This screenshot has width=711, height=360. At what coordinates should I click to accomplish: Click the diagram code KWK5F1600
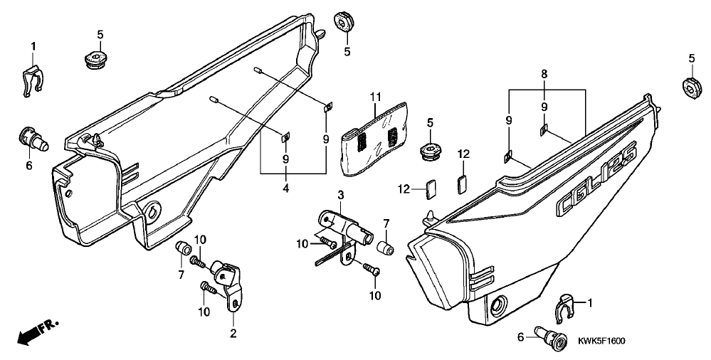click(x=601, y=341)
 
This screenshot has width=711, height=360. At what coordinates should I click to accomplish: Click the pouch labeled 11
click(x=374, y=139)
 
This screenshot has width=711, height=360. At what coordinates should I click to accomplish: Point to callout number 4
click(x=286, y=187)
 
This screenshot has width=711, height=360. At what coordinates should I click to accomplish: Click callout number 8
click(x=544, y=73)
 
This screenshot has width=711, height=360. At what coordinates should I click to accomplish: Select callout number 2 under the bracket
click(x=233, y=334)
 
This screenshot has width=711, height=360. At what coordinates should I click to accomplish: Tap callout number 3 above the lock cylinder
click(x=340, y=196)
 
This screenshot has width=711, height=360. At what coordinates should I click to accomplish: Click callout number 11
click(x=375, y=96)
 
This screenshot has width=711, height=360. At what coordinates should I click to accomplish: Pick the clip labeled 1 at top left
click(x=33, y=80)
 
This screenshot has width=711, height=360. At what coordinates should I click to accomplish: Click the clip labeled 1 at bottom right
click(x=565, y=308)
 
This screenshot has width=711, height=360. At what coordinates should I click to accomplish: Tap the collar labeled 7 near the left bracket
click(x=182, y=248)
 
